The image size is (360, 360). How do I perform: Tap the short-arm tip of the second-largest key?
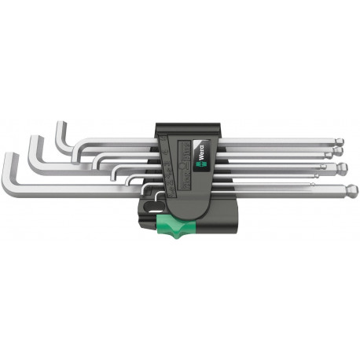click(35, 139)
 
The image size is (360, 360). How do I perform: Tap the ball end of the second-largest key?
click(343, 166)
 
